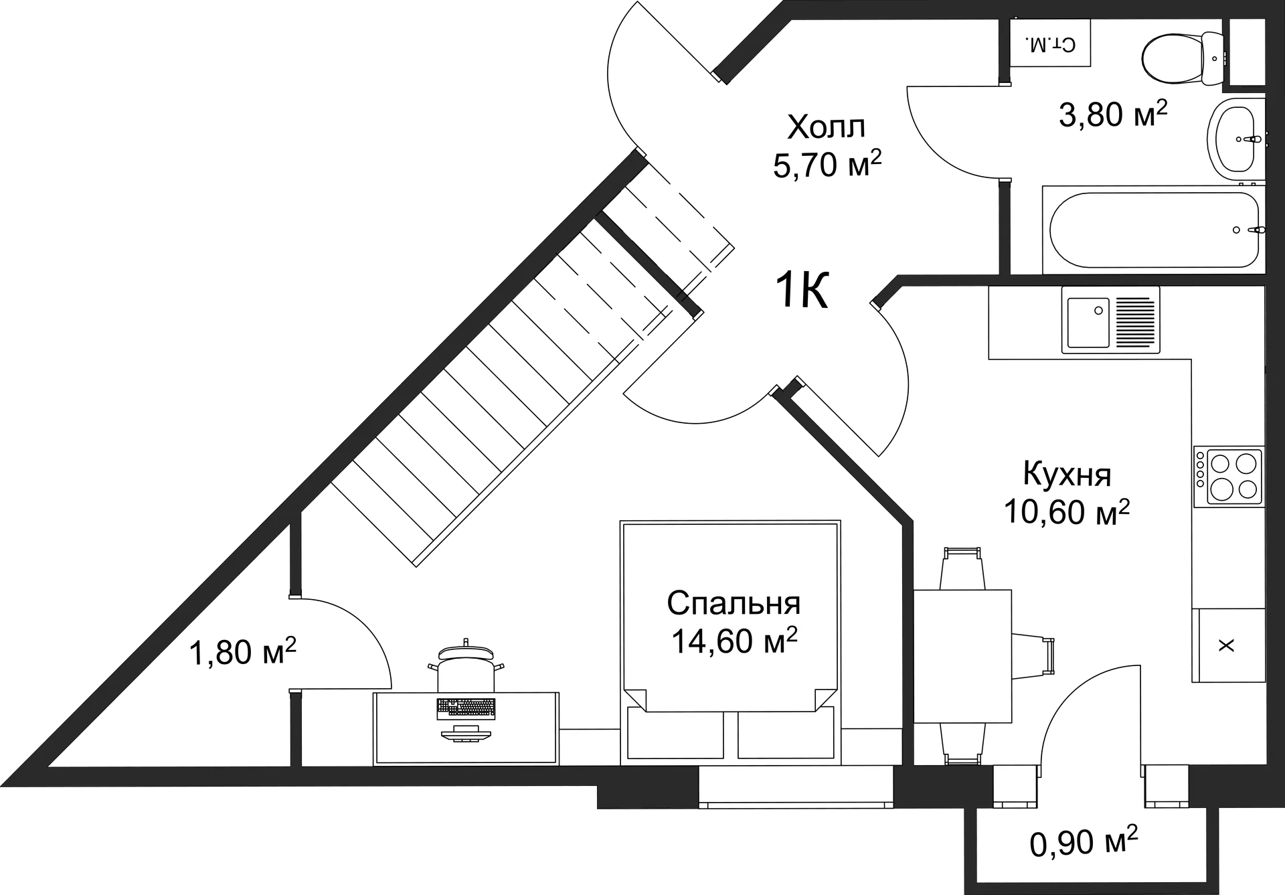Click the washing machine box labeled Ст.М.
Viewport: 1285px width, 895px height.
point(1049,44)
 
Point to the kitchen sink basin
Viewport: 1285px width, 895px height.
point(1088,323)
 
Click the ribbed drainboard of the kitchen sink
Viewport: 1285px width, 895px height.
point(1134,323)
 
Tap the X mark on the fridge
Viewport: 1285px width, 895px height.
point(1226,645)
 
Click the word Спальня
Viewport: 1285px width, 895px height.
point(734,603)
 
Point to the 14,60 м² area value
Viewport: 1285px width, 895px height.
point(734,641)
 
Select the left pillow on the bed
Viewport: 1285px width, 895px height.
point(676,735)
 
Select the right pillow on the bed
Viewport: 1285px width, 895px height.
point(784,735)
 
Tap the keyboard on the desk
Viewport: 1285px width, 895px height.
point(466,708)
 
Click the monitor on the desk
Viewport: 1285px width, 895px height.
point(466,735)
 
